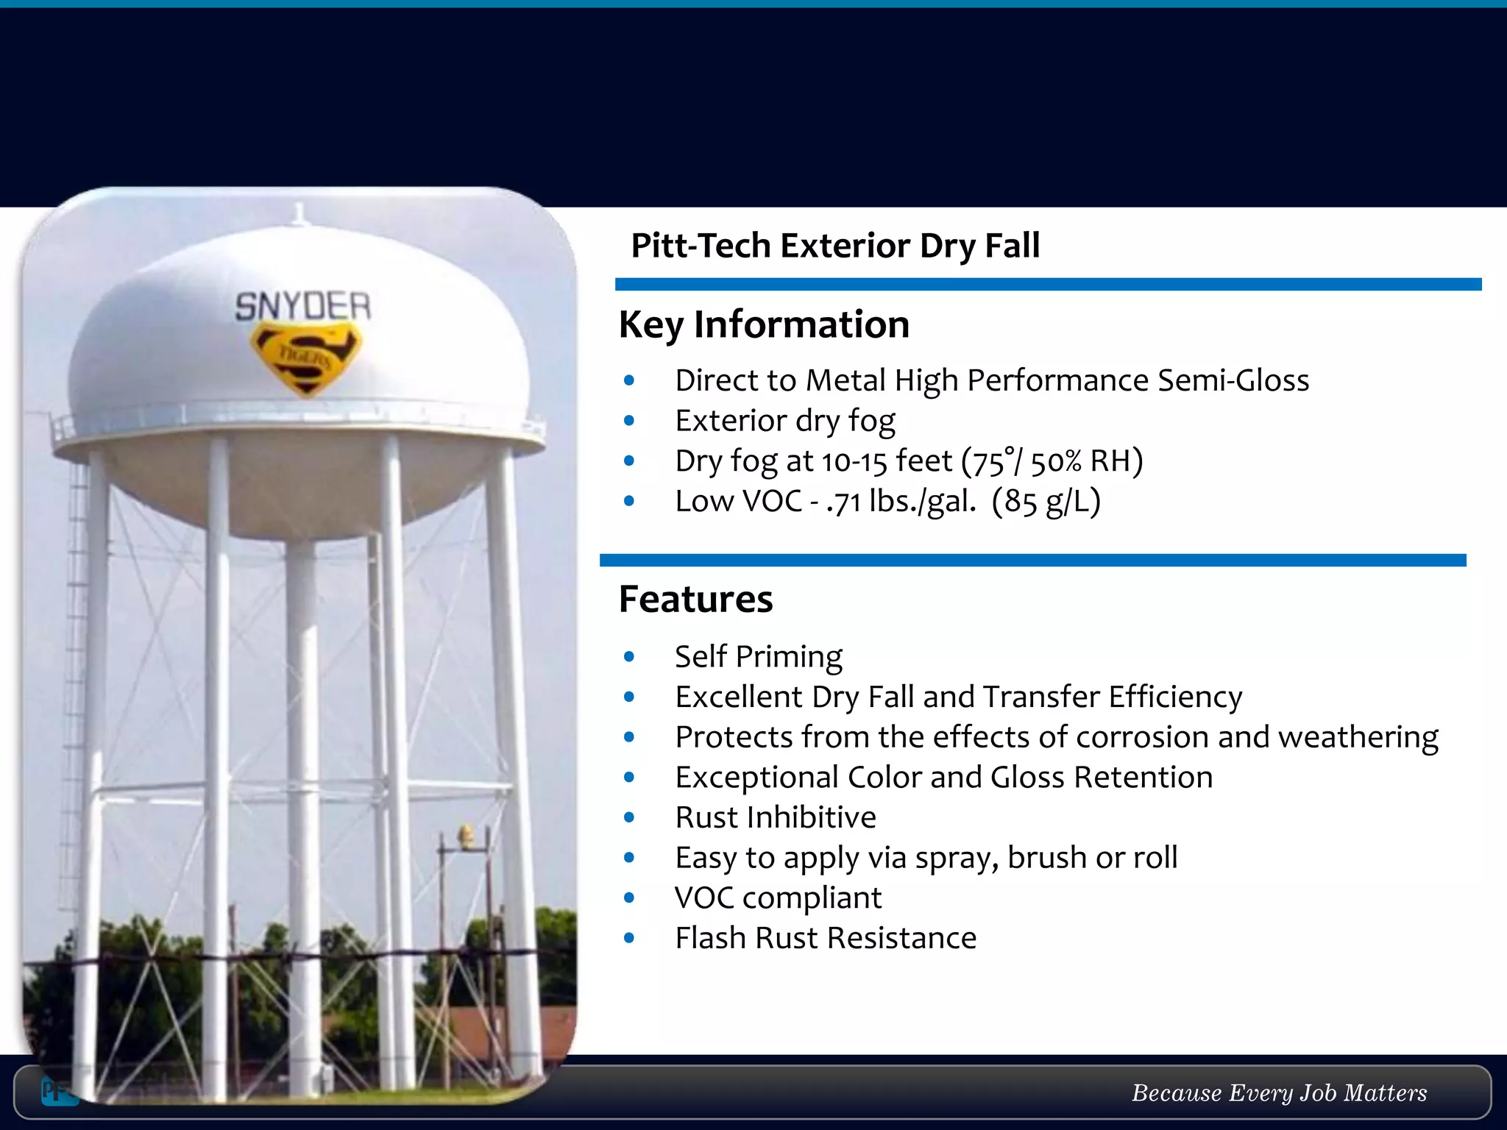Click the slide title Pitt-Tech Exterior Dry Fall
[835, 246]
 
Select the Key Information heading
[764, 324]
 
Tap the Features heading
[695, 599]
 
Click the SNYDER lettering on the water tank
[302, 306]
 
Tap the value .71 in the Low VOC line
[843, 502]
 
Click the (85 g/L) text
[1046, 502]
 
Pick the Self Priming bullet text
[759, 656]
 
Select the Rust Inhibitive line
[776, 817]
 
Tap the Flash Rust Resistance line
[826, 938]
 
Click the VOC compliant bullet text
[778, 898]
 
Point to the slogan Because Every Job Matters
[1279, 1092]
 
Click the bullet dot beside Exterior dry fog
[628, 421]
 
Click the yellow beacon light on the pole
[466, 834]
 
